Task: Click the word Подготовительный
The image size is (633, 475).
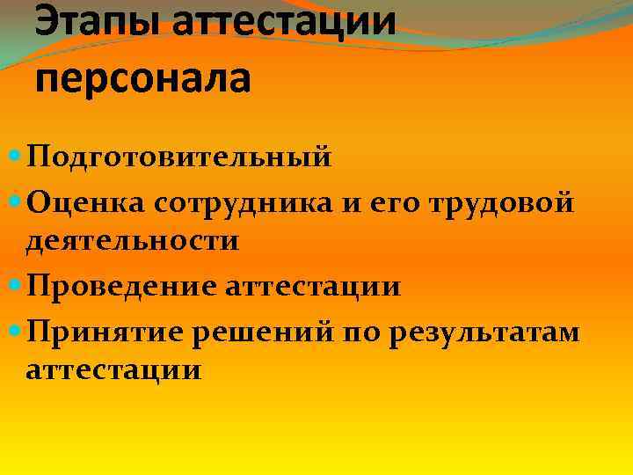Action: pos(179,158)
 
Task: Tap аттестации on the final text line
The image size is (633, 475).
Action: pos(113,370)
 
